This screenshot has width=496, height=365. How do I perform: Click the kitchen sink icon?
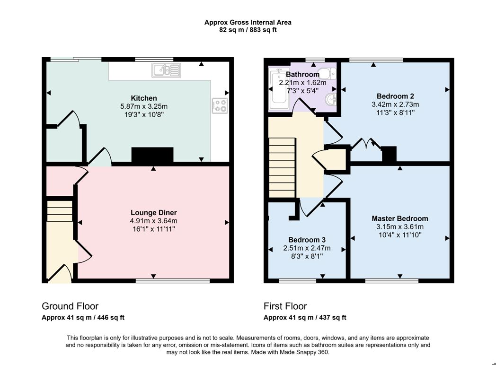(166, 70)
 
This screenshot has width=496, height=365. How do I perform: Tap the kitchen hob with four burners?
(219, 105)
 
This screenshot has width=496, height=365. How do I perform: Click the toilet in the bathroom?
(326, 73)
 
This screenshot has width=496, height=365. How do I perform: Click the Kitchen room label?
(144, 98)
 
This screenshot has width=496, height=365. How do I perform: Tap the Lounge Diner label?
(154, 212)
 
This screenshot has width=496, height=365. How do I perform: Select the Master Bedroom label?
(399, 218)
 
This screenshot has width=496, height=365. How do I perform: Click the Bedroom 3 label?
(307, 240)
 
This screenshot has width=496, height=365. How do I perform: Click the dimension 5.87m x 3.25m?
(144, 106)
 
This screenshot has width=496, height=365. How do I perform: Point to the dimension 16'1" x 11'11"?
(154, 229)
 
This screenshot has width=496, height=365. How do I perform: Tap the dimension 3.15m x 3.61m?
(399, 226)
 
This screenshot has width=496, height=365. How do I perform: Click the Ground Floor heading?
(70, 306)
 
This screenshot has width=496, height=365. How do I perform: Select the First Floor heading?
(285, 306)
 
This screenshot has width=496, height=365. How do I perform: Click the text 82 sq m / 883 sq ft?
(248, 30)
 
